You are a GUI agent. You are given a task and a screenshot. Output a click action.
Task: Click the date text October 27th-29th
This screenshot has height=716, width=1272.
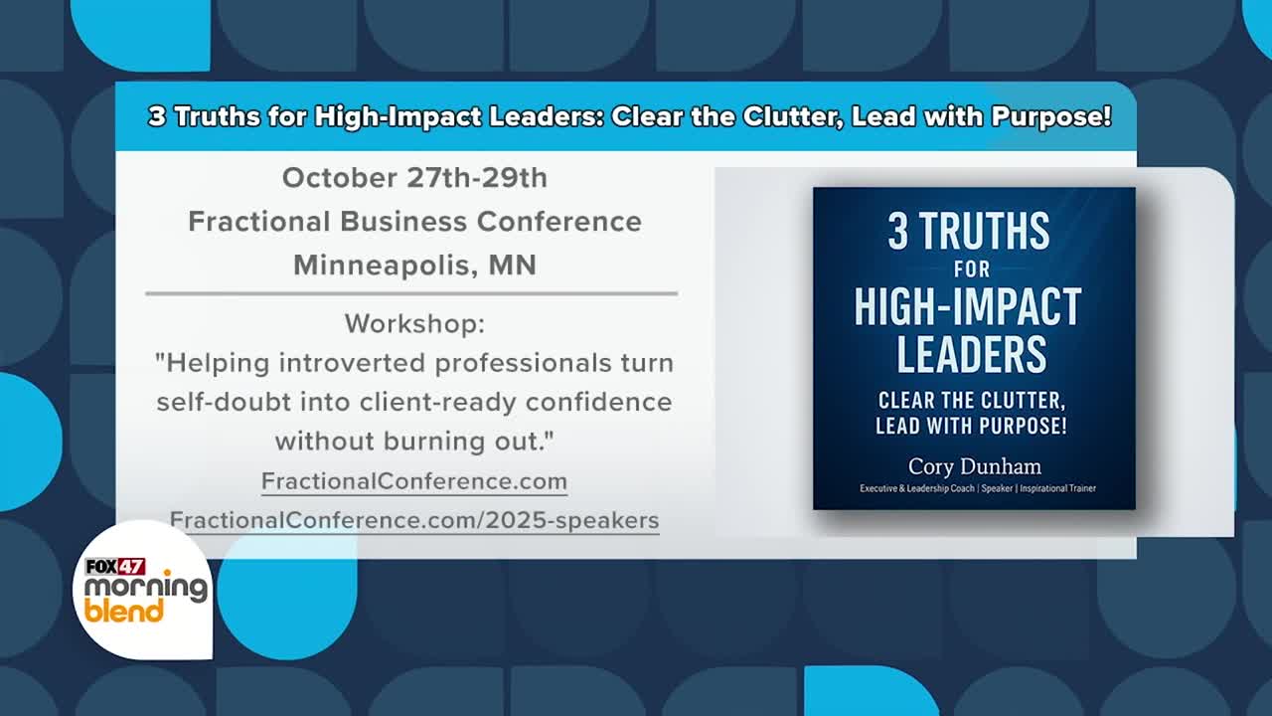(x=414, y=178)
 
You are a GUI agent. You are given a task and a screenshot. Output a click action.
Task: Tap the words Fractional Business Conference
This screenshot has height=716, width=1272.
(x=414, y=221)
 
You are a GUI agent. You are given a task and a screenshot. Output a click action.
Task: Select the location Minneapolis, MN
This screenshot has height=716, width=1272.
(x=414, y=266)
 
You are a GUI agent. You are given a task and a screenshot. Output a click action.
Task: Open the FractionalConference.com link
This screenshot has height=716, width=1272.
(x=414, y=481)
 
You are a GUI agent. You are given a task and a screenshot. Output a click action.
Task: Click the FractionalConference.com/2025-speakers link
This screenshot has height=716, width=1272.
(x=414, y=520)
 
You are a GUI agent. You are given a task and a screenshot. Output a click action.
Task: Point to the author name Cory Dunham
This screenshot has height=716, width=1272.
(x=975, y=466)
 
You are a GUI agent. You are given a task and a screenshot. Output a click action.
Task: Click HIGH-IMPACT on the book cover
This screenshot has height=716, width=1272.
(x=968, y=307)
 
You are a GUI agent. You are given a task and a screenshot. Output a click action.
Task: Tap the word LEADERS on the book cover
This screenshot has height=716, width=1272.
(x=972, y=353)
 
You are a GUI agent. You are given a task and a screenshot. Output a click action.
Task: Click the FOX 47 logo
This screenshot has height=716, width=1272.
(x=115, y=567)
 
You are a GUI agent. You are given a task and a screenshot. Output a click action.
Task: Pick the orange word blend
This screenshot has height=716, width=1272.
(x=124, y=611)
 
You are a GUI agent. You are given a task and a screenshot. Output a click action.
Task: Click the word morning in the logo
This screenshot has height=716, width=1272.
(x=146, y=588)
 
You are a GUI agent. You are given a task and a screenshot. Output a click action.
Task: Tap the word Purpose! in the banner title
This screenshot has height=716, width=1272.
(x=1051, y=116)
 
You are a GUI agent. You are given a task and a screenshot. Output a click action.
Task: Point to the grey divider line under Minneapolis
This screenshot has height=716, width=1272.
(x=411, y=293)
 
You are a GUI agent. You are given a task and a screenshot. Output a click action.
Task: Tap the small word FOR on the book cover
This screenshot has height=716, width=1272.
(x=972, y=268)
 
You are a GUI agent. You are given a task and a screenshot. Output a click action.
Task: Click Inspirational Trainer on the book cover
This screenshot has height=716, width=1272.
(x=1058, y=488)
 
